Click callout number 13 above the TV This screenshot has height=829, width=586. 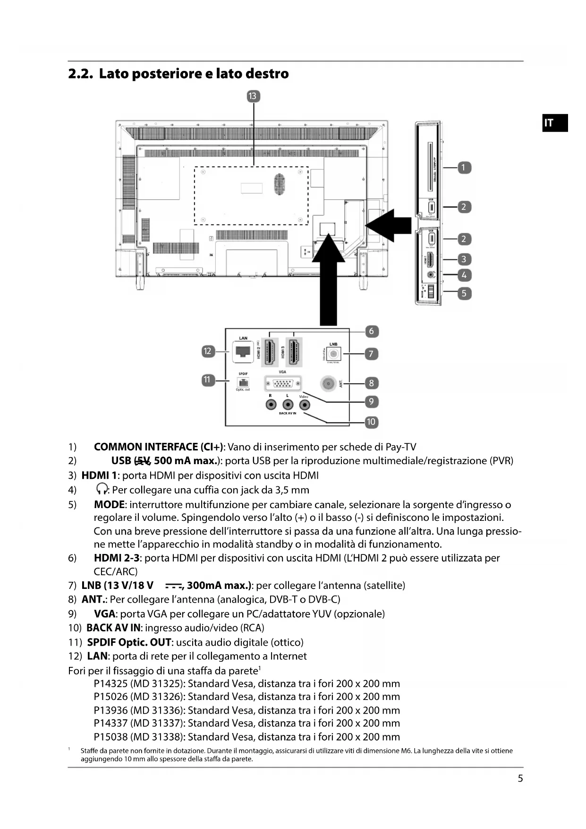coord(253,96)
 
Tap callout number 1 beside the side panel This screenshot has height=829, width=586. coord(464,167)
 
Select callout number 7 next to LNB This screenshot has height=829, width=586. coord(371,354)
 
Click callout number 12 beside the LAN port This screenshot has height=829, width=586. coord(207,351)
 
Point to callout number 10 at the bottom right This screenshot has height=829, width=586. coord(371,422)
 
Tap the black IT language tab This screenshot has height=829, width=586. coord(554,123)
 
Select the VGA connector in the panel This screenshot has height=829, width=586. coord(282,384)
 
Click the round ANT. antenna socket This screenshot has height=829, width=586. coord(328,383)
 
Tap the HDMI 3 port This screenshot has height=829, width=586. coord(294,353)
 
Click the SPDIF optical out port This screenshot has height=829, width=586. coord(243,382)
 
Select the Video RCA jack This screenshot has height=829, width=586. coord(305,405)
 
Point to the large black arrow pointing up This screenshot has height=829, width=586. coord(328,284)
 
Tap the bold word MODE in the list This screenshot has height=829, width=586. coord(109,505)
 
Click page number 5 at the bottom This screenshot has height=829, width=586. coord(520,778)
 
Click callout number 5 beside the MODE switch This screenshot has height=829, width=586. coord(464,293)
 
